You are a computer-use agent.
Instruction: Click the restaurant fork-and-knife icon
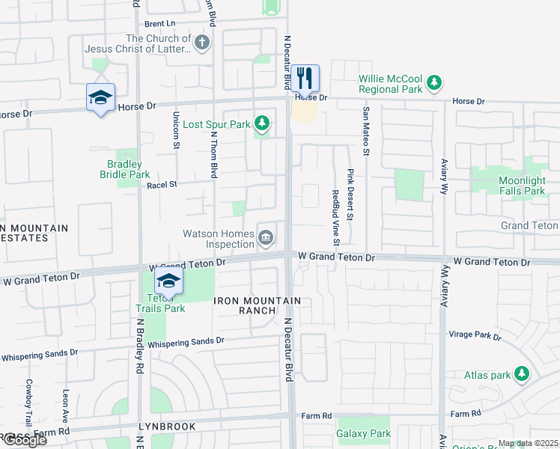point(305,77)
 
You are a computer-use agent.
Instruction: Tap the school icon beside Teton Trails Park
point(169,281)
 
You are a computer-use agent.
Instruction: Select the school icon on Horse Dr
point(100,98)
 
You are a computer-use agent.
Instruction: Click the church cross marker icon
point(201,43)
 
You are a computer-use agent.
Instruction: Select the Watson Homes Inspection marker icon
point(266,239)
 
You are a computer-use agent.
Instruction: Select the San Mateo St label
point(366,131)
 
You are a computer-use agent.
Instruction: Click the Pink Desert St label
point(350,194)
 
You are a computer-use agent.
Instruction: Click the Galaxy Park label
point(363,433)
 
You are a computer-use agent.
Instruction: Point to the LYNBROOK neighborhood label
point(167,427)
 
